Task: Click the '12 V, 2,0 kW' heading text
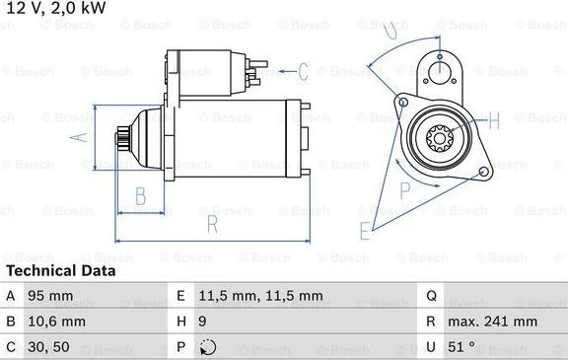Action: tap(55, 9)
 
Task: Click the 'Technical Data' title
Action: tap(60, 270)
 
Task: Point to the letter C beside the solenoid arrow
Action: tap(303, 71)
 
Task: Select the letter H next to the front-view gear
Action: tap(494, 120)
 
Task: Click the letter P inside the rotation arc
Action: tap(404, 189)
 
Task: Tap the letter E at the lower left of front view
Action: tap(365, 232)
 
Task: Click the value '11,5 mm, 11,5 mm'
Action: tap(248, 296)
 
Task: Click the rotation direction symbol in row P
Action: tap(205, 347)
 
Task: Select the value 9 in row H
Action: tap(202, 322)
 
